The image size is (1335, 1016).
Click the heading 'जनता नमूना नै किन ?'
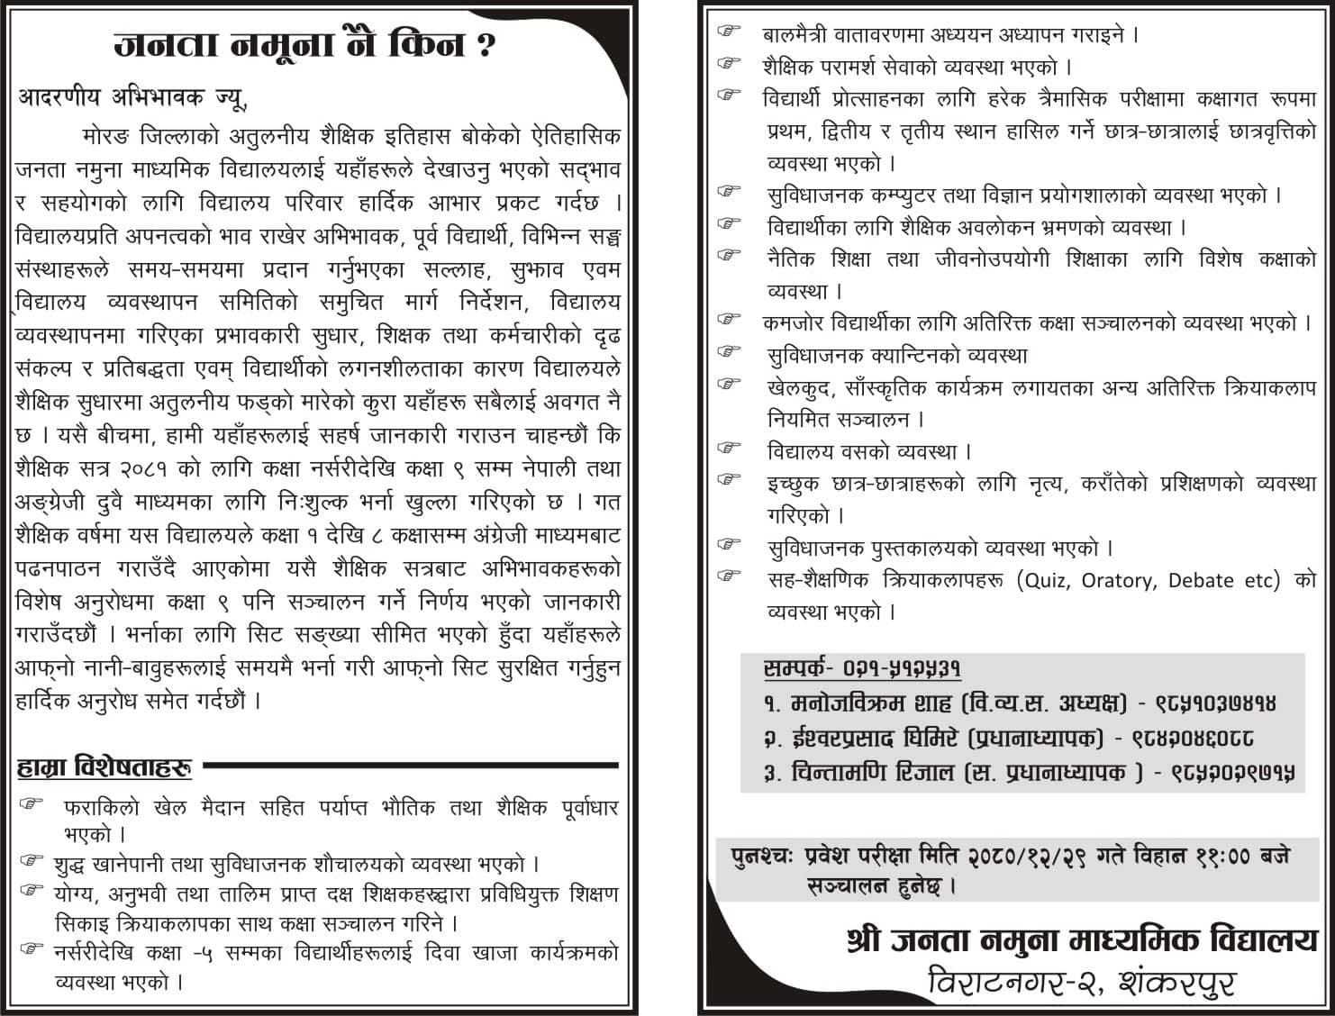(304, 43)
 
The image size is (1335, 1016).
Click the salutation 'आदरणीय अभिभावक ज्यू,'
(132, 98)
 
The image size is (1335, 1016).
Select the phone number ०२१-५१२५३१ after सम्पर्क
(903, 669)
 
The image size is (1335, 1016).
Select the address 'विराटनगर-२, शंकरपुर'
(1081, 981)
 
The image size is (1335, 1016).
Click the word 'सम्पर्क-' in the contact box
(798, 669)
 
